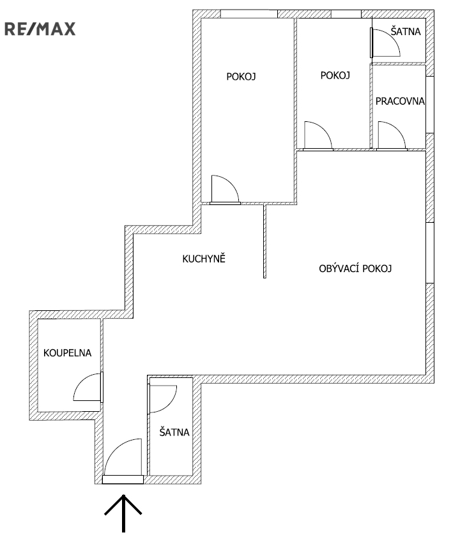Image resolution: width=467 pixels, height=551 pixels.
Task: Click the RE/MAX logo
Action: (40, 29)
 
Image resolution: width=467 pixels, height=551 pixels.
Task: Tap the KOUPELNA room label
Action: (67, 353)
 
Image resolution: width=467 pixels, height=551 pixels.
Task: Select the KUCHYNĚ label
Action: (204, 259)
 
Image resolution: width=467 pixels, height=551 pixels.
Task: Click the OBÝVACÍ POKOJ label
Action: (355, 268)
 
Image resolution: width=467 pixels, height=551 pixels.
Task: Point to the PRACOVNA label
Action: (400, 102)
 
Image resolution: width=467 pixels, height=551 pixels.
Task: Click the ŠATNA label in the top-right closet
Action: (406, 31)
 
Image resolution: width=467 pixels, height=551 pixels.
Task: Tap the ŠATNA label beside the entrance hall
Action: (174, 432)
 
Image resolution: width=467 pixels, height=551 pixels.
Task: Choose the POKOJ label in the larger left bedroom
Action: (241, 76)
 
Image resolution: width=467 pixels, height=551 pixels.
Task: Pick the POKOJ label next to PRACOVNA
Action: (335, 75)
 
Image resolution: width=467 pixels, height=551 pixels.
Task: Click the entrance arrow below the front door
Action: (123, 513)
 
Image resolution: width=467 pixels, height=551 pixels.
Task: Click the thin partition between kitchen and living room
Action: (264, 241)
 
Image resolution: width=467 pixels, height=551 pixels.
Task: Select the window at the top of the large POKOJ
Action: (249, 14)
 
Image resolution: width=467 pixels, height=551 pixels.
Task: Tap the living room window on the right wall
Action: (430, 253)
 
